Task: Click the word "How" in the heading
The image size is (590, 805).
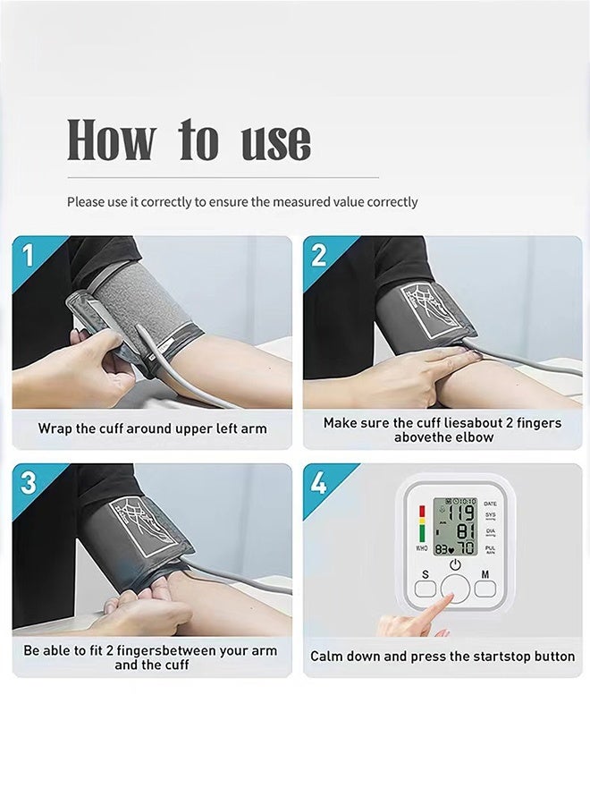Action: click(111, 140)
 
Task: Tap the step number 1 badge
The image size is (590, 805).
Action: click(27, 255)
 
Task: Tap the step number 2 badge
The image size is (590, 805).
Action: click(318, 255)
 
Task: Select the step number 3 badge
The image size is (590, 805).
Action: click(28, 483)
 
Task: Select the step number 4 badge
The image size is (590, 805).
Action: click(318, 483)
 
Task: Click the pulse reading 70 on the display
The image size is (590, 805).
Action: click(467, 547)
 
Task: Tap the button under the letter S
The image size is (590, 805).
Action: click(425, 589)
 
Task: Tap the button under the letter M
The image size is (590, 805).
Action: click(485, 588)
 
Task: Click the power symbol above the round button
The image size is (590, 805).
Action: click(454, 564)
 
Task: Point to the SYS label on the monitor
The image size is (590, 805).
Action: click(490, 516)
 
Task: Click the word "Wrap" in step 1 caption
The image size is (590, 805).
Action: click(54, 428)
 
